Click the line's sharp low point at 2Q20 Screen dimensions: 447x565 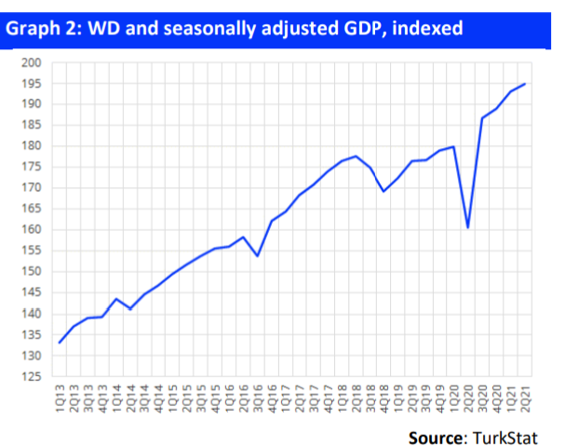468,227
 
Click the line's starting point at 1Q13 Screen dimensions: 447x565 60,343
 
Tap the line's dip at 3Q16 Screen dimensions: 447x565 258,255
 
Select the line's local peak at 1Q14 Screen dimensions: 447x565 116,299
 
